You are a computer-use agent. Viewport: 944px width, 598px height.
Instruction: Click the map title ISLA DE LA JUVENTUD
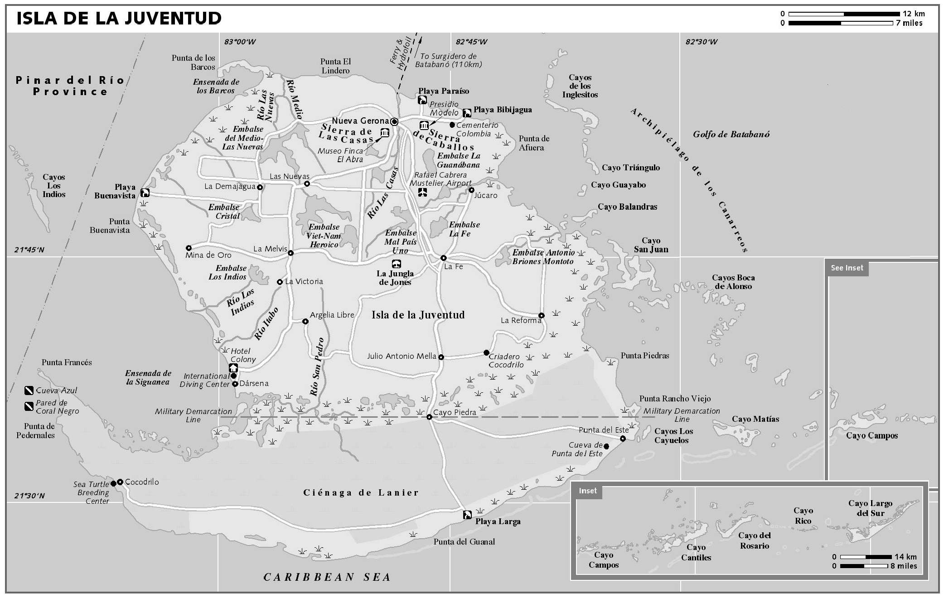point(119,19)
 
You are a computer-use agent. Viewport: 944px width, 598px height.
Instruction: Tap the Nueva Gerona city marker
point(394,121)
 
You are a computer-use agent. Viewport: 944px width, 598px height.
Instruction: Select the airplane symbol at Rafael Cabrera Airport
point(422,192)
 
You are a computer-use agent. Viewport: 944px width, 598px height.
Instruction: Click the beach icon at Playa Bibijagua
point(467,112)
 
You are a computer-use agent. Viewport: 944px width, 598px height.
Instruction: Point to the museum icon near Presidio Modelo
point(424,125)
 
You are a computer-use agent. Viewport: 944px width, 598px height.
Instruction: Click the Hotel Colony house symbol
point(233,367)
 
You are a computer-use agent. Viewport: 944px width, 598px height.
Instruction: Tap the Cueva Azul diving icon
point(29,390)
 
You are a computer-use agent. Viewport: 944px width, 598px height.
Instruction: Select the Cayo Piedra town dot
point(429,417)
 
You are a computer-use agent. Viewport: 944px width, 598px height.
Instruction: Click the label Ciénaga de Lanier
point(361,493)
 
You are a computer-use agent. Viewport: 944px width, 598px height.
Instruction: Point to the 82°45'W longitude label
point(471,42)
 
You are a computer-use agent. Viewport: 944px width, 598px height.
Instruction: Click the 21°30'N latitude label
point(29,496)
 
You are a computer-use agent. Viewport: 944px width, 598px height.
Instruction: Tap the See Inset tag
point(847,268)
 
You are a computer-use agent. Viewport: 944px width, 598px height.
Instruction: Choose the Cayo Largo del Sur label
point(870,508)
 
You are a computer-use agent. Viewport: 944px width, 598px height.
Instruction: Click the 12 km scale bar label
point(914,14)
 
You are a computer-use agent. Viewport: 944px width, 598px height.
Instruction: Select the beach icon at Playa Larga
point(467,515)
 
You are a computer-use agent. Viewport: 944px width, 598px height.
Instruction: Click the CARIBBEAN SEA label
point(327,577)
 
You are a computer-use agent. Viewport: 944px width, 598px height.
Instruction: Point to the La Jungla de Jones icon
point(396,264)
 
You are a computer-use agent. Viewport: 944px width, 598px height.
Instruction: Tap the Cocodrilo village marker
point(120,482)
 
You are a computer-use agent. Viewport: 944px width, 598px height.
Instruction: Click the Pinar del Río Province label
point(70,86)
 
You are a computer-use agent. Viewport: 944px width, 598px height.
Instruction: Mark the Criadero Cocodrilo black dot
point(486,352)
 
